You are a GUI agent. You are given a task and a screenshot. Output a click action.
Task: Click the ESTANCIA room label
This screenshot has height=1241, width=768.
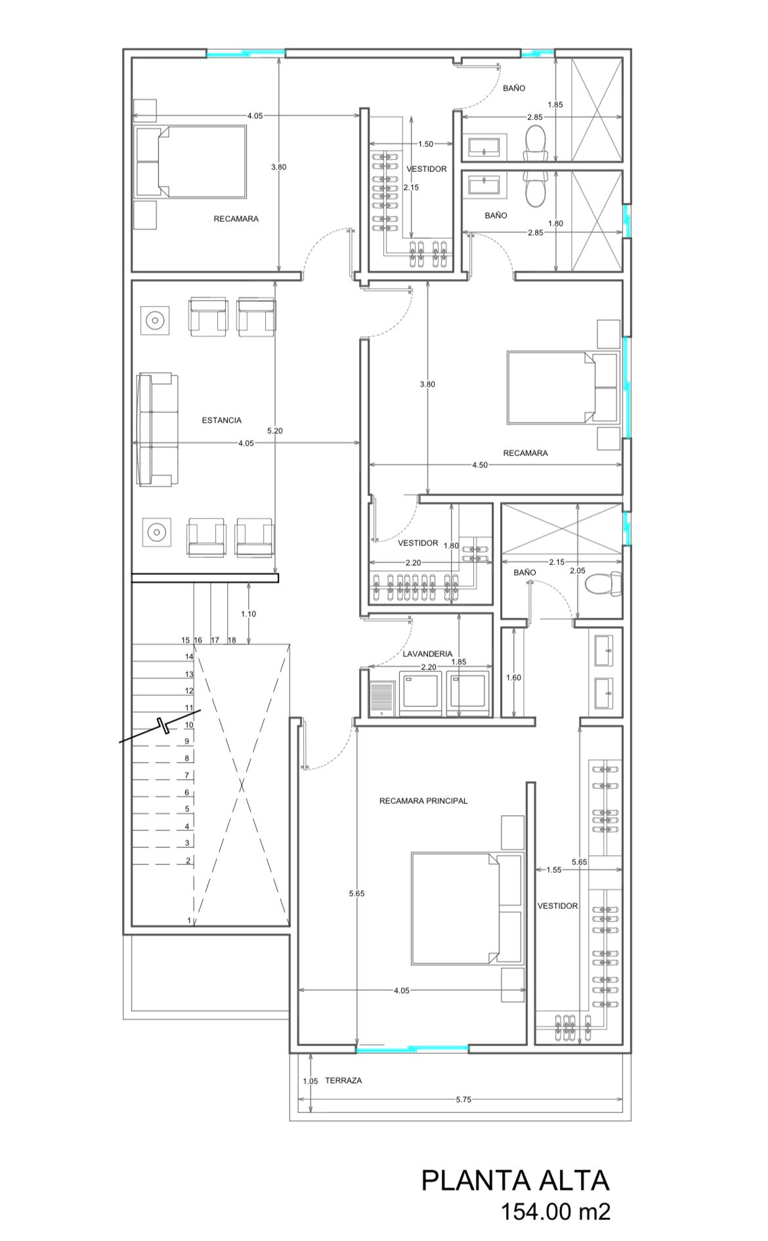221,420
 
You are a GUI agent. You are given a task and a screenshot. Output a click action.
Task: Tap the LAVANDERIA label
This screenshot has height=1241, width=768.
427,654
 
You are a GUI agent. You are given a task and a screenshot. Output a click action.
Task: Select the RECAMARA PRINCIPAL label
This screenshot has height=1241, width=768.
423,801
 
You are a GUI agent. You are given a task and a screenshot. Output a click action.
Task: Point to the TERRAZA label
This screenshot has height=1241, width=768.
343,1080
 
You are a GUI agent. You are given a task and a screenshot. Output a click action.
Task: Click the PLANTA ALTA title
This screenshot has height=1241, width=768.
515,1181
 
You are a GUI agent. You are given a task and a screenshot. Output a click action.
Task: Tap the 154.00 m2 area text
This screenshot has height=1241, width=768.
556,1211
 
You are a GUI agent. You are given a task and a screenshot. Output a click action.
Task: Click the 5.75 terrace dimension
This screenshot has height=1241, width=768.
463,1099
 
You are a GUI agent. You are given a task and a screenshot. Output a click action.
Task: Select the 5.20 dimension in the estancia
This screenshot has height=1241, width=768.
275,431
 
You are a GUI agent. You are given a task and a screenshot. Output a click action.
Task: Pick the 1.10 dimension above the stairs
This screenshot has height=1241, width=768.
248,614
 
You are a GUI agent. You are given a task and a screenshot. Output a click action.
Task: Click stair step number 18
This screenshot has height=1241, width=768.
232,640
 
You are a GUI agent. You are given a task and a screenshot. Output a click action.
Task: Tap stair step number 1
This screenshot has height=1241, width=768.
189,920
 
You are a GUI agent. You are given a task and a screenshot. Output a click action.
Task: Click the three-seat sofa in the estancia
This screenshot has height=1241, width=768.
158,430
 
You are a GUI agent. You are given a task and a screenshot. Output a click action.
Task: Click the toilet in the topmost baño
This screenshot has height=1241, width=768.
536,143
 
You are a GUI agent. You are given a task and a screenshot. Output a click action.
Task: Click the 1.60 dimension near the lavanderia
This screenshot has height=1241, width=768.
513,677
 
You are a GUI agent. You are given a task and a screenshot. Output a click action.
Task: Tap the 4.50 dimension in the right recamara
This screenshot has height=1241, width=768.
480,465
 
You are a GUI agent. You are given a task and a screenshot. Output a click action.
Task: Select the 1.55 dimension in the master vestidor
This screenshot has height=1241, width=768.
553,870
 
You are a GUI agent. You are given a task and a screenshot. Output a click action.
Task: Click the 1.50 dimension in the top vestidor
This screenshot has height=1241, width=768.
425,144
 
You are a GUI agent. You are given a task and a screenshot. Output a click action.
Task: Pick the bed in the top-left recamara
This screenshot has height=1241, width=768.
191,161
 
